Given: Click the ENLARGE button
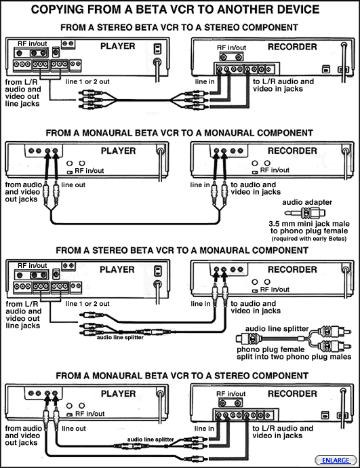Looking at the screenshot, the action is pos(336,460).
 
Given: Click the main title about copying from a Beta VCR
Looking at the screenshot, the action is pos(175,9).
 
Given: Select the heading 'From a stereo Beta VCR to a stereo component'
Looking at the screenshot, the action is pos(179,27).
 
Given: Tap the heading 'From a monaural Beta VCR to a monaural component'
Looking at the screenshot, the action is pos(179,133).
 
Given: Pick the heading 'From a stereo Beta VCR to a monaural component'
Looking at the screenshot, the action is pos(182,250).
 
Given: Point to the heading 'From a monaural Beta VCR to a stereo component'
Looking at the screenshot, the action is pos(182,376).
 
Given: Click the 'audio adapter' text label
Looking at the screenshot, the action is pos(307,202).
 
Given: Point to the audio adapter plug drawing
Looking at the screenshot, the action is pos(304,213).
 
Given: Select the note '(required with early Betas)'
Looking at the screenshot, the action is pos(309,239).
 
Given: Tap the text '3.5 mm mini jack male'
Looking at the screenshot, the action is pos(309,224).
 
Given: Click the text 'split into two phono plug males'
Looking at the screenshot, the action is pos(294,357).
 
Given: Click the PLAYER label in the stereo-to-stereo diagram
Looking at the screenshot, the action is pos(117,46).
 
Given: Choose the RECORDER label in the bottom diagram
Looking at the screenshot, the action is pos(292,393).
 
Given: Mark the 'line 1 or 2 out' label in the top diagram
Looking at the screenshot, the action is pos(87,82).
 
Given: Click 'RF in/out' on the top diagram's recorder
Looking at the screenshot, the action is pos(231,47).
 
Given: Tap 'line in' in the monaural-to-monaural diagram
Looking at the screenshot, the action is pos(200,185).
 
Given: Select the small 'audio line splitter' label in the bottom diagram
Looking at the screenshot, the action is pos(151,440).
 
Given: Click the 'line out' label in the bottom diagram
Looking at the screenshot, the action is pos(74,429).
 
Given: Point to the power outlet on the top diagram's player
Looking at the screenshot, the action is pos(158,49).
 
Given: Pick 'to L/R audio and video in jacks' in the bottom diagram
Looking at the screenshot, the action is pos(283,432).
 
